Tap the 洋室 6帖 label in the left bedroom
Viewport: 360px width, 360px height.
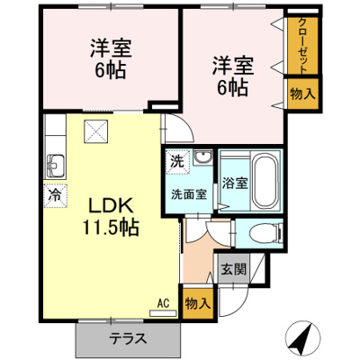[x=110, y=56]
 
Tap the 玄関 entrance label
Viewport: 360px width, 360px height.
[x=229, y=267]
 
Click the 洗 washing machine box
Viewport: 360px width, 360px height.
[x=177, y=162]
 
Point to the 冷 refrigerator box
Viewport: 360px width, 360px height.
[x=54, y=193]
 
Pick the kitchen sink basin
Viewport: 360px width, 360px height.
[x=54, y=166]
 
